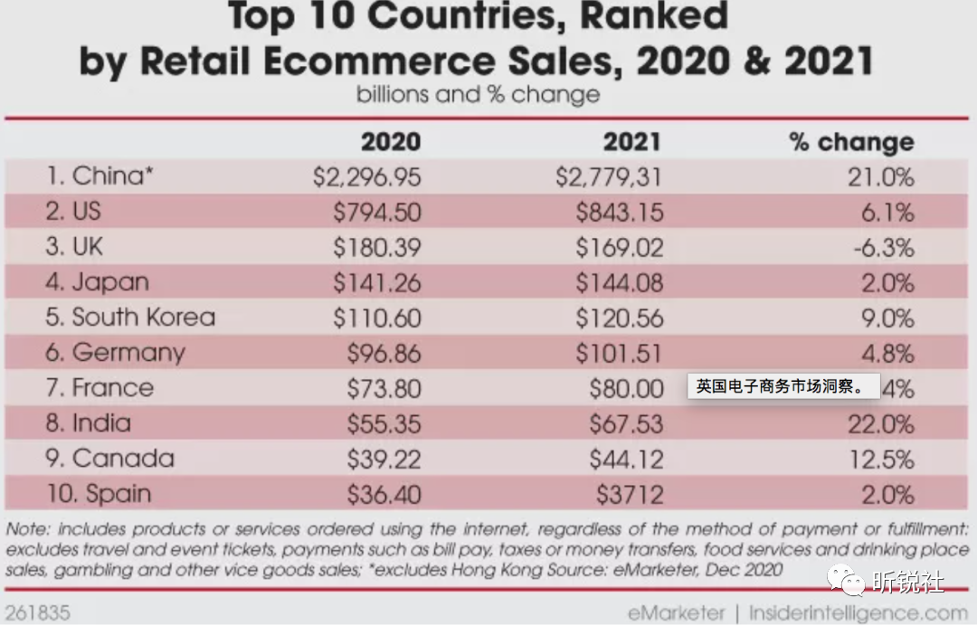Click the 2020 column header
[x=390, y=142]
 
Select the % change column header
[x=851, y=142]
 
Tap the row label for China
[x=100, y=175]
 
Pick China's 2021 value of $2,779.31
[x=609, y=176]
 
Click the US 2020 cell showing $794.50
[x=376, y=212]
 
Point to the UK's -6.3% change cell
[x=883, y=247]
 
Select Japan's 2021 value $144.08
[x=620, y=282]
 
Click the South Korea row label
[x=130, y=318]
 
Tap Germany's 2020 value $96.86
[x=384, y=353]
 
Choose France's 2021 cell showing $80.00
[x=626, y=388]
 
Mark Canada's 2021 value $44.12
[x=626, y=459]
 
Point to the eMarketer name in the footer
[x=677, y=612]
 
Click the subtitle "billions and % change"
[x=478, y=94]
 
